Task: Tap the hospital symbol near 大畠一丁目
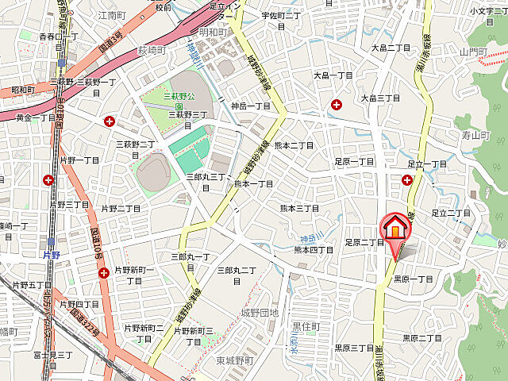pyautogui.click(x=337, y=104)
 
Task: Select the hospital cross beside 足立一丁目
pyautogui.click(x=407, y=180)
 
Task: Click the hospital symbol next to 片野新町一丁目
pyautogui.click(x=104, y=273)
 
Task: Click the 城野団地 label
pyautogui.click(x=260, y=313)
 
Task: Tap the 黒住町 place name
pyautogui.click(x=306, y=326)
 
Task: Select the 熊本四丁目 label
pyautogui.click(x=314, y=250)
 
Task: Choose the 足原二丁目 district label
pyautogui.click(x=364, y=242)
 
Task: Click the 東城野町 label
pyautogui.click(x=235, y=360)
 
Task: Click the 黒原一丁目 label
pyautogui.click(x=413, y=279)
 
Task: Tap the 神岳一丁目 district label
pyautogui.click(x=251, y=106)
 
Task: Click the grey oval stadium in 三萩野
pyautogui.click(x=154, y=169)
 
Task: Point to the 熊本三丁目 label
pyautogui.click(x=299, y=208)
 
